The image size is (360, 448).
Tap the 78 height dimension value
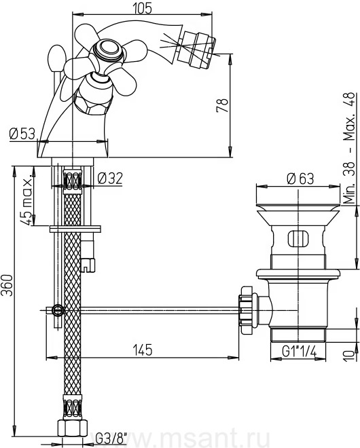[x=223, y=105]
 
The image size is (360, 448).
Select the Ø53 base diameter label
[x=22, y=134]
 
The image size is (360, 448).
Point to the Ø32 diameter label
[x=110, y=179]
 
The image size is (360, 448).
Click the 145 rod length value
[x=143, y=350]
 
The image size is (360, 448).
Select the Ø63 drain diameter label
[x=300, y=179]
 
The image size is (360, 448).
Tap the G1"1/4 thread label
[x=299, y=352]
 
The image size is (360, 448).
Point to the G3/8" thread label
[x=111, y=438]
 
